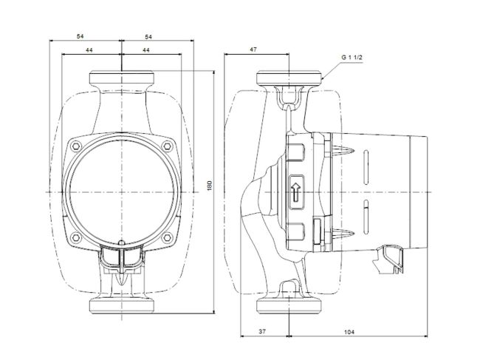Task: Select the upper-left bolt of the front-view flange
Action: click(x=74, y=146)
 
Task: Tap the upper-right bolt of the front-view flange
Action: click(x=166, y=146)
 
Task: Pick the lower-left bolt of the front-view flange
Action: click(x=74, y=238)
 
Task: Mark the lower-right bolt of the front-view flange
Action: click(x=166, y=238)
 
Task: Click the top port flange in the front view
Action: click(x=120, y=78)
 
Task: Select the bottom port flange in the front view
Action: click(x=120, y=306)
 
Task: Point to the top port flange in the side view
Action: click(x=289, y=78)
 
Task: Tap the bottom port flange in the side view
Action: click(x=289, y=306)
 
